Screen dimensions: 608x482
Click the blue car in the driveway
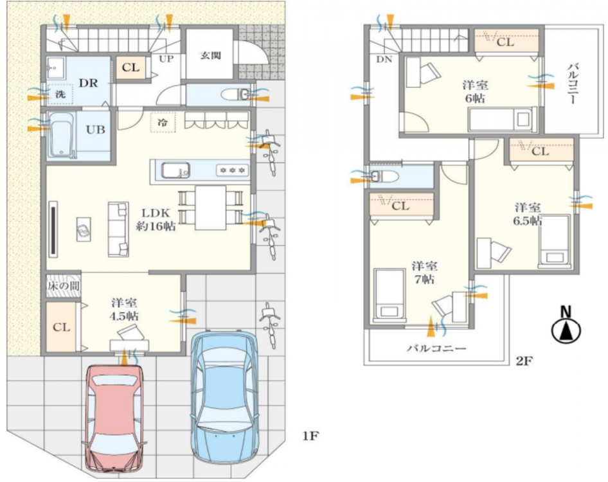224,397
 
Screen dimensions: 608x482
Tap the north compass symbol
566,326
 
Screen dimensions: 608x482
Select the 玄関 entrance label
211,55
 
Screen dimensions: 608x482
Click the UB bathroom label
95,129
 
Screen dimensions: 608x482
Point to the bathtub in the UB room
60,134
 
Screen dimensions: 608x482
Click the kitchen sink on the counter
175,170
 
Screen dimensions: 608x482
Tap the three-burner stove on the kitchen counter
232,170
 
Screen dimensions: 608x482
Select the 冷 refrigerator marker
163,123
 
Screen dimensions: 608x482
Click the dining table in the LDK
211,208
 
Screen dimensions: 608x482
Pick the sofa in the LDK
118,229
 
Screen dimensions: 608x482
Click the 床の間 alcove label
63,286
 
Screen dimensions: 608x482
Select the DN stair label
384,59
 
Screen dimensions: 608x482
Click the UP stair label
166,59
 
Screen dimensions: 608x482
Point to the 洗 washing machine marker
60,94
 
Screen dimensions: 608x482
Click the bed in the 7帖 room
389,294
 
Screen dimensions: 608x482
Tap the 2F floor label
524,361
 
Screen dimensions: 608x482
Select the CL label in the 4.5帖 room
61,328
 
